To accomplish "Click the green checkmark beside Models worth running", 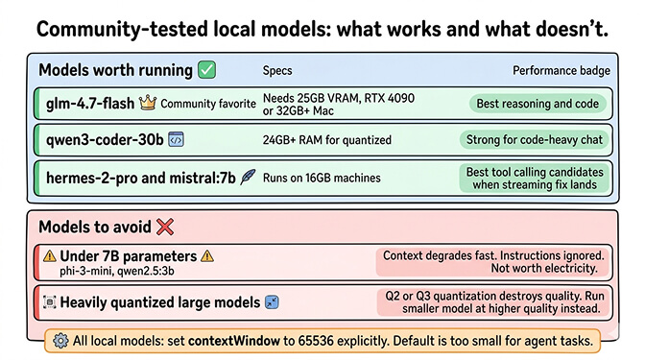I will point(206,70).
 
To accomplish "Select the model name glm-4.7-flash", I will point(88,103).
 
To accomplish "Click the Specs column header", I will point(277,71).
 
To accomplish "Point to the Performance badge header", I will point(559,71).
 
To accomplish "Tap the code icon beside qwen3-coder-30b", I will point(176,139).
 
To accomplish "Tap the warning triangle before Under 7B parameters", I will point(50,256).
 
